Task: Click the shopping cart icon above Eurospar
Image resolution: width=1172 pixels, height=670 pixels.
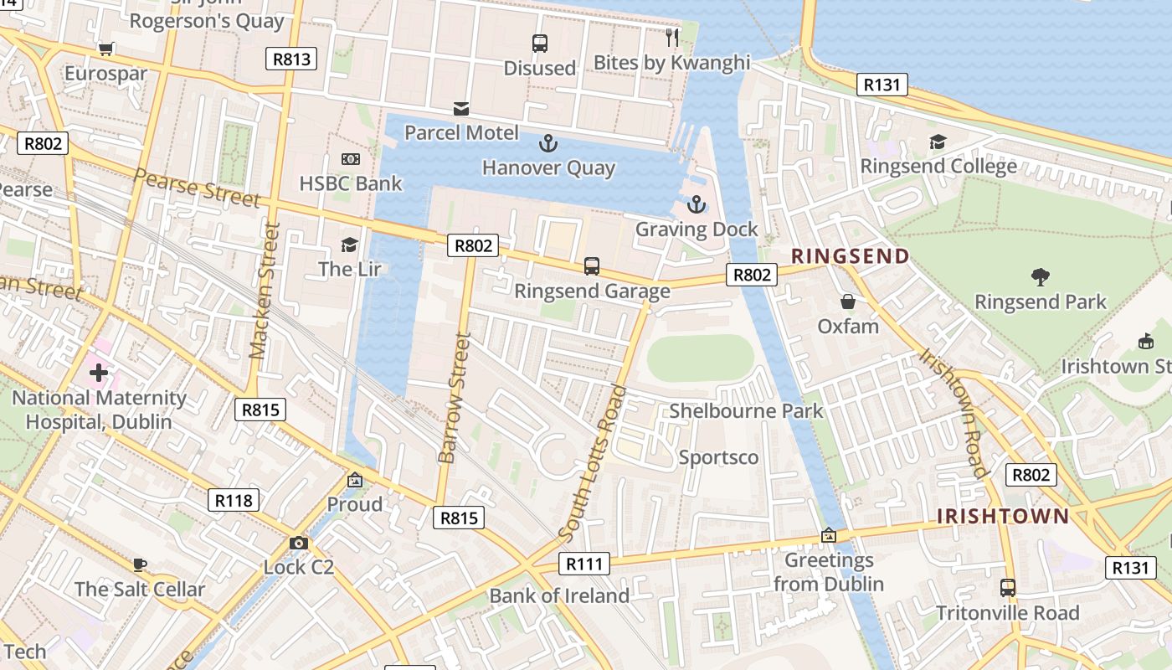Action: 105,49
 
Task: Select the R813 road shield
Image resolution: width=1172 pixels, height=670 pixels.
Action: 291,59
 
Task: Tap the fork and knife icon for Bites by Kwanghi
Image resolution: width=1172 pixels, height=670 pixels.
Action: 671,37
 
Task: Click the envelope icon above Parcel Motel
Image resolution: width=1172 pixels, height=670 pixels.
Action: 461,108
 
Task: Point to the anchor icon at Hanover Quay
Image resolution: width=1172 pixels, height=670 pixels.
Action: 547,143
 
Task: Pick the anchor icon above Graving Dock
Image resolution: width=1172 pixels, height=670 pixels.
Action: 696,204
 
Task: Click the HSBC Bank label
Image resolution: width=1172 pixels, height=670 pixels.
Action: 351,183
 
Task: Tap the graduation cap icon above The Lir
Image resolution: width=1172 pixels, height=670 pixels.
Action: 349,245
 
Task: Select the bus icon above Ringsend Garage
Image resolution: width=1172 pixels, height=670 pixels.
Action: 592,266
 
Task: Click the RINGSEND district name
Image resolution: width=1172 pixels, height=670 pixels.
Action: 851,256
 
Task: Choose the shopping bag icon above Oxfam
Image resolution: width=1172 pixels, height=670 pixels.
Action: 848,301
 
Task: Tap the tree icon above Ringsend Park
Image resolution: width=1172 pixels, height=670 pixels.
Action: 1041,277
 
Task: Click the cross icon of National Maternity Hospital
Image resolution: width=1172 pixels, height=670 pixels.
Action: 99,373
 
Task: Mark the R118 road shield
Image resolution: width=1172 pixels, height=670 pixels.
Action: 233,501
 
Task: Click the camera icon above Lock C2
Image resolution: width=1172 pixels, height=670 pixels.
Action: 298,543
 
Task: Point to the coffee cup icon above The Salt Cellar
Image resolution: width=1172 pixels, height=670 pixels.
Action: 139,564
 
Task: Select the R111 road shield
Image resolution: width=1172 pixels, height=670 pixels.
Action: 583,564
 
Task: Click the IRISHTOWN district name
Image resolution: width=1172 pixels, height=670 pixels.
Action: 1003,516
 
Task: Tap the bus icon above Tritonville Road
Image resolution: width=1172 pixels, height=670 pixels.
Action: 1008,588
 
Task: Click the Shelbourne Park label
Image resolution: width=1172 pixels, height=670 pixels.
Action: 746,410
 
